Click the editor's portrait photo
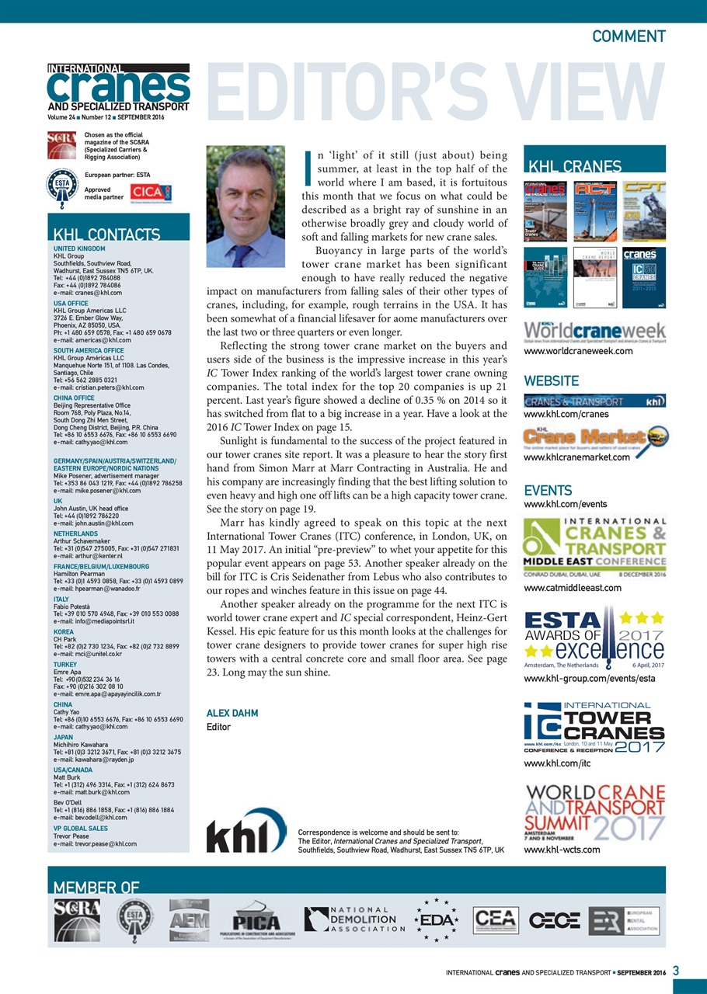(x=246, y=207)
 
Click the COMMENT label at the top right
(x=628, y=36)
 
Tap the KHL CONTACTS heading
(x=106, y=235)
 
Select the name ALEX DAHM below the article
(x=232, y=713)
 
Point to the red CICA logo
(x=147, y=192)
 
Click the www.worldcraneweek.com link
(x=578, y=351)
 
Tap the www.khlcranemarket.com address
(x=576, y=457)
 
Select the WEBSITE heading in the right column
(x=551, y=381)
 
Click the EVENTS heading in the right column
(x=548, y=491)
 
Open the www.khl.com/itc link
(x=557, y=763)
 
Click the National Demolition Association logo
(x=354, y=919)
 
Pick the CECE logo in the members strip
(x=555, y=920)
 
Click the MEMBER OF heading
(x=96, y=888)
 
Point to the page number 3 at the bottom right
(x=676, y=971)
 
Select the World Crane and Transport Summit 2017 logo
(x=594, y=813)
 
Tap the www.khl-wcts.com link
(x=562, y=850)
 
